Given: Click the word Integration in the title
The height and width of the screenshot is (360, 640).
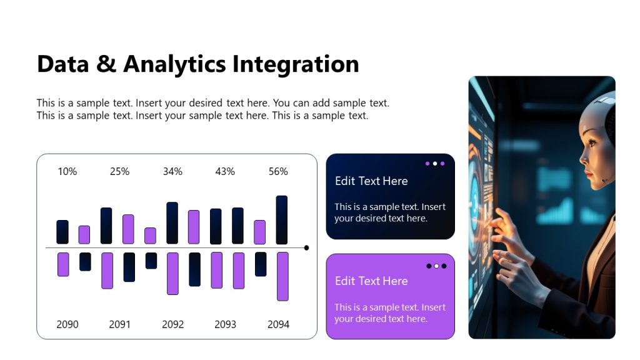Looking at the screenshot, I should [x=296, y=64].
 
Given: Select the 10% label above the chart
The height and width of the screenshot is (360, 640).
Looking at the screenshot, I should [x=67, y=171].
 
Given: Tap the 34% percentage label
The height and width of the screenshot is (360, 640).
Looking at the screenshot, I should [x=172, y=171].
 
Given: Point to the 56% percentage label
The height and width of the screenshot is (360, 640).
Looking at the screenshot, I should [x=278, y=171].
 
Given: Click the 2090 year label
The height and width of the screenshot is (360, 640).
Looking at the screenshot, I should [x=67, y=324].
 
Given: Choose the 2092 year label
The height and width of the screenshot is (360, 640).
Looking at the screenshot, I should [x=173, y=324].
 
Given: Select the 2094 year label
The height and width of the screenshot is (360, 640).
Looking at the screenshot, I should [x=278, y=324].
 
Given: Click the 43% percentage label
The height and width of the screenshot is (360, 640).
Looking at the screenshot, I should [x=225, y=171].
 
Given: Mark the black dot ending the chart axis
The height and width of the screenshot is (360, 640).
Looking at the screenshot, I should [x=306, y=248].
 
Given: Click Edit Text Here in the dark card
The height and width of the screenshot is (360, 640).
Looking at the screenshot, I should [x=371, y=181].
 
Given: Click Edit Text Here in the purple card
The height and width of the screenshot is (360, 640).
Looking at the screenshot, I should [x=371, y=281].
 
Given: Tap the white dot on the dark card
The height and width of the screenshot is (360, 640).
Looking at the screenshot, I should [x=435, y=164].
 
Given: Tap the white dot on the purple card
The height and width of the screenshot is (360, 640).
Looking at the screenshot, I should [x=436, y=266].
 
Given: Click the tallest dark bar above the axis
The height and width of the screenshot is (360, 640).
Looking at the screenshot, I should [x=282, y=219].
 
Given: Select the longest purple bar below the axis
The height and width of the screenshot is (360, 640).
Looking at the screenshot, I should [x=282, y=276].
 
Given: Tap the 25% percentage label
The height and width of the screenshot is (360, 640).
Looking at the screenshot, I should [x=119, y=171].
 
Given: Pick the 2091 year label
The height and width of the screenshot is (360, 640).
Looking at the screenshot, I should [x=119, y=324].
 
